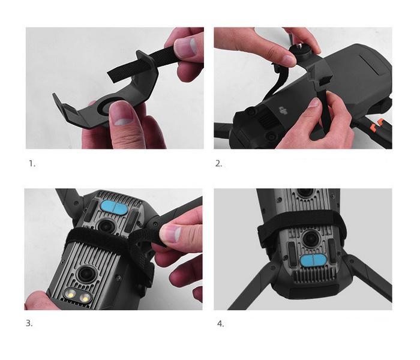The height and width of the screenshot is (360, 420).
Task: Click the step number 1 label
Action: (x=32, y=163)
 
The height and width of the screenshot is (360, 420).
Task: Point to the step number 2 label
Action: (x=218, y=163)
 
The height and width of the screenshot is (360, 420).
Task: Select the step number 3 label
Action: (x=29, y=323)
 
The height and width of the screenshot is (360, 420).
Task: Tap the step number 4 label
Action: (x=220, y=324)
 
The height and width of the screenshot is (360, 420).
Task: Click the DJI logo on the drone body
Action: (x=283, y=110)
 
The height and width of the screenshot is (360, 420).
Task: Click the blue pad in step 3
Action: (x=115, y=208)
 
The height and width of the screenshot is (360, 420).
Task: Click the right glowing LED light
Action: (x=85, y=297)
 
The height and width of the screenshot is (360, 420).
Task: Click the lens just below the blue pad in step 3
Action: (x=106, y=226)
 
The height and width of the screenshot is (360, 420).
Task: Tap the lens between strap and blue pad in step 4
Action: (x=310, y=238)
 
